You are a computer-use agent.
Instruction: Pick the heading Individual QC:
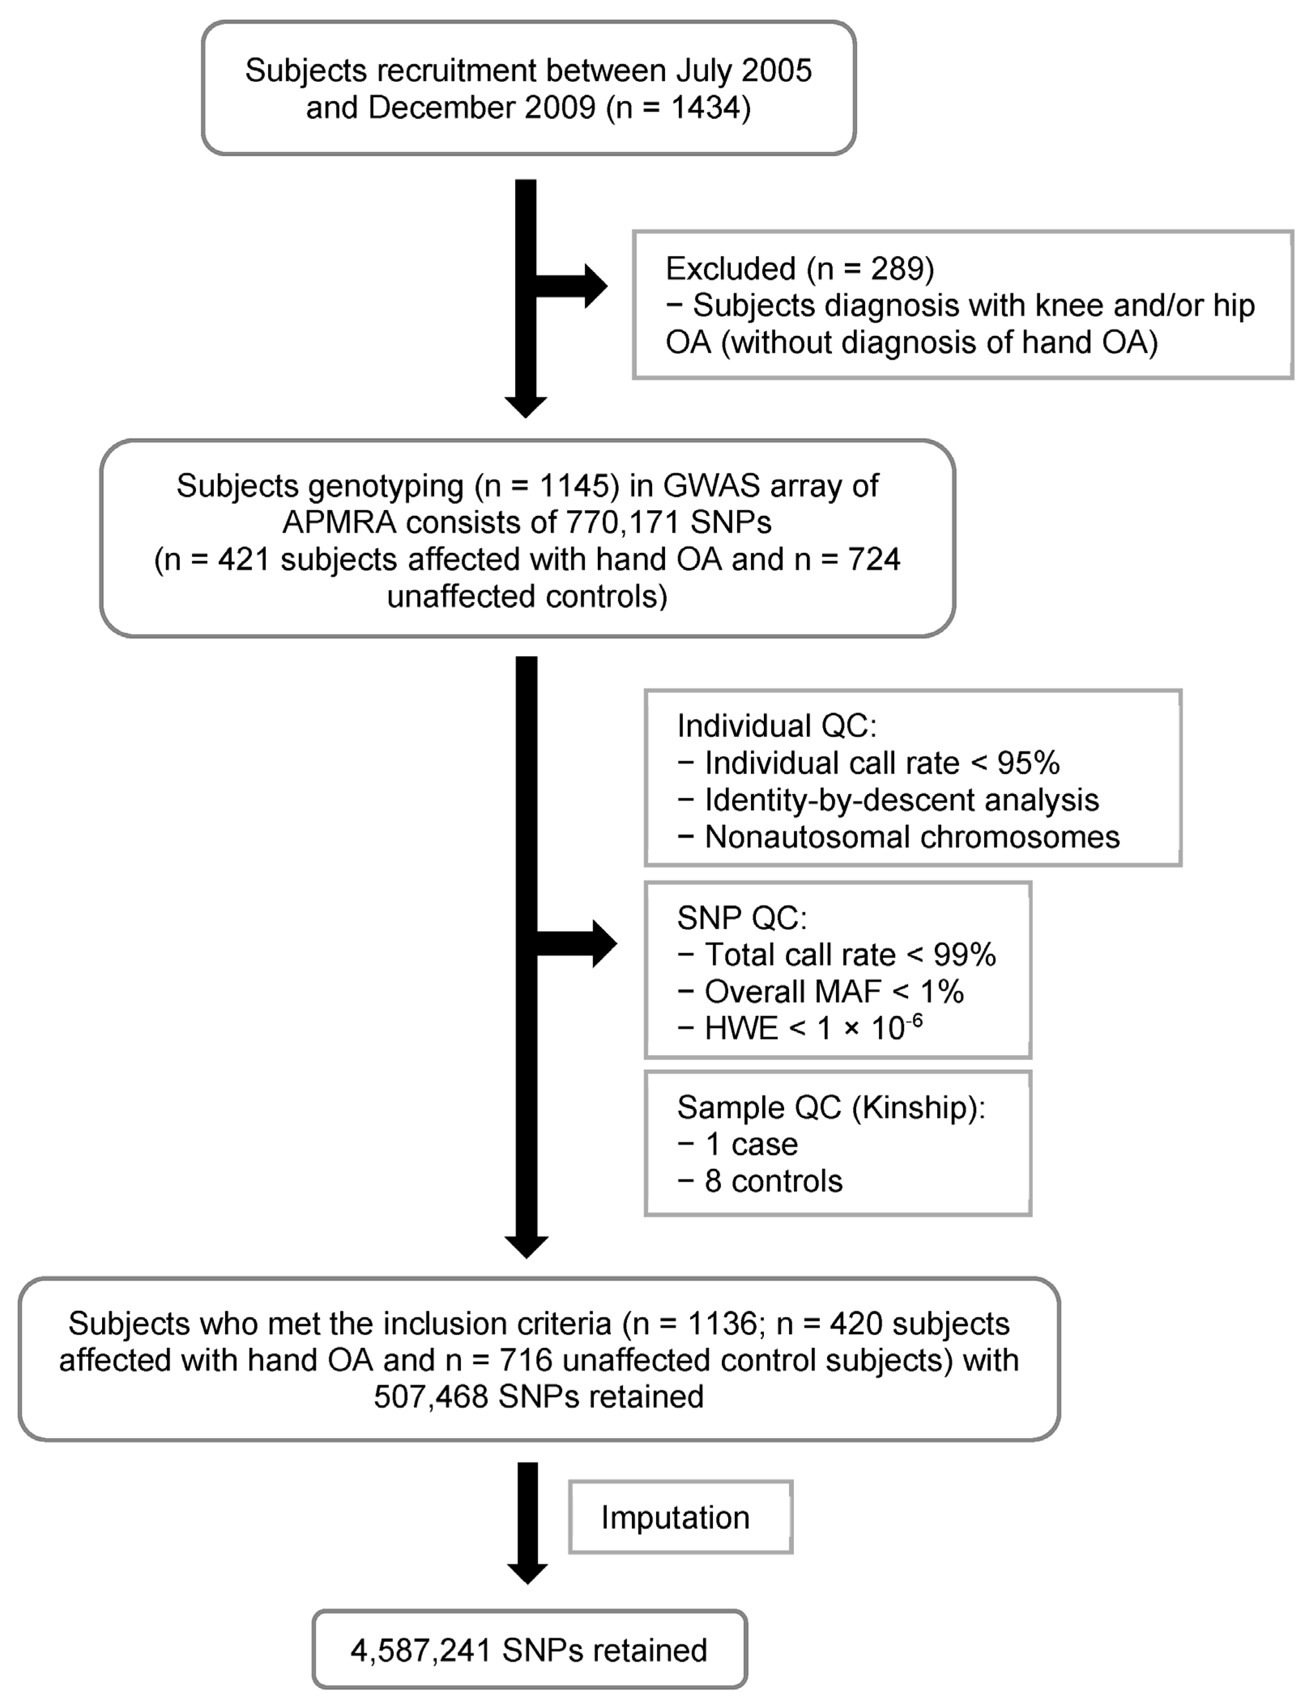(x=776, y=726)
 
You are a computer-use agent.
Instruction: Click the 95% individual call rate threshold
(x=1028, y=763)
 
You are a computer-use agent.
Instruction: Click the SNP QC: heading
(x=742, y=918)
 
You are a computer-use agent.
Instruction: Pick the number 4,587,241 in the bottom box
(x=420, y=1650)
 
